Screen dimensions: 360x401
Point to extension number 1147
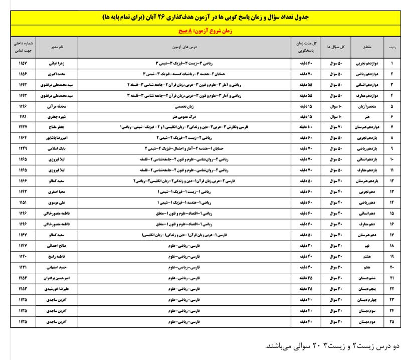[x=23, y=246]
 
